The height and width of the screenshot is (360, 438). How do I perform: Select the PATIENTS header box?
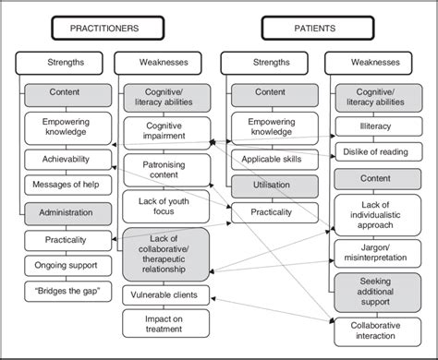point(316,29)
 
